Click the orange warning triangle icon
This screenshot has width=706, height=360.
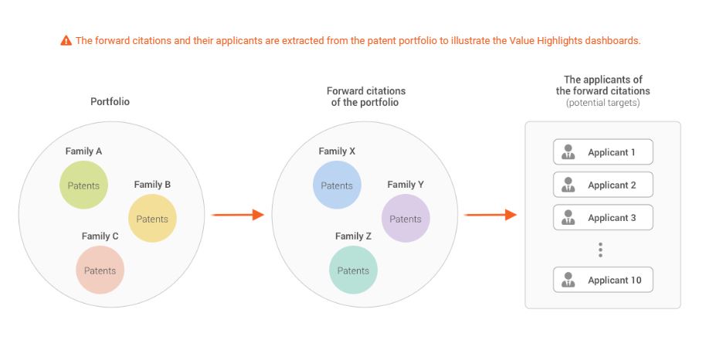click(x=66, y=40)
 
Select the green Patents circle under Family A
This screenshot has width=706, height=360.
click(x=83, y=185)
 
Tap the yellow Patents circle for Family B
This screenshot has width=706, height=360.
click(x=152, y=219)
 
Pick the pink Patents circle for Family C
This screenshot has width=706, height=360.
click(x=100, y=270)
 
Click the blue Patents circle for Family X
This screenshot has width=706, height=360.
click(x=337, y=185)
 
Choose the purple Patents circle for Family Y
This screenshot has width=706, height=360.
click(x=406, y=219)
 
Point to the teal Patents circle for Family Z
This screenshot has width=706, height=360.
click(x=354, y=270)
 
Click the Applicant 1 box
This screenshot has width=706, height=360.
click(x=603, y=152)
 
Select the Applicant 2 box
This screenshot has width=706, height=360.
click(x=603, y=185)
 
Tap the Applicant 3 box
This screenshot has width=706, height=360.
click(x=603, y=218)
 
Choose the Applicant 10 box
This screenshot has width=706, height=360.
click(x=603, y=280)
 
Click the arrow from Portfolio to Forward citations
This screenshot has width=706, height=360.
click(x=238, y=215)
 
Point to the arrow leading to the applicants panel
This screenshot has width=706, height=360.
click(x=490, y=215)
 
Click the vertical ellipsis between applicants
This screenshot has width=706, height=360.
click(x=600, y=250)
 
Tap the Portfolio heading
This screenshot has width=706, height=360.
click(x=110, y=101)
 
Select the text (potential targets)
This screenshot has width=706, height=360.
click(x=603, y=103)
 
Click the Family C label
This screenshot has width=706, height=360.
click(x=100, y=236)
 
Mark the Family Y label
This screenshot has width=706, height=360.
click(x=406, y=185)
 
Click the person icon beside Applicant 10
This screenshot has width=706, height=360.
click(x=569, y=280)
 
